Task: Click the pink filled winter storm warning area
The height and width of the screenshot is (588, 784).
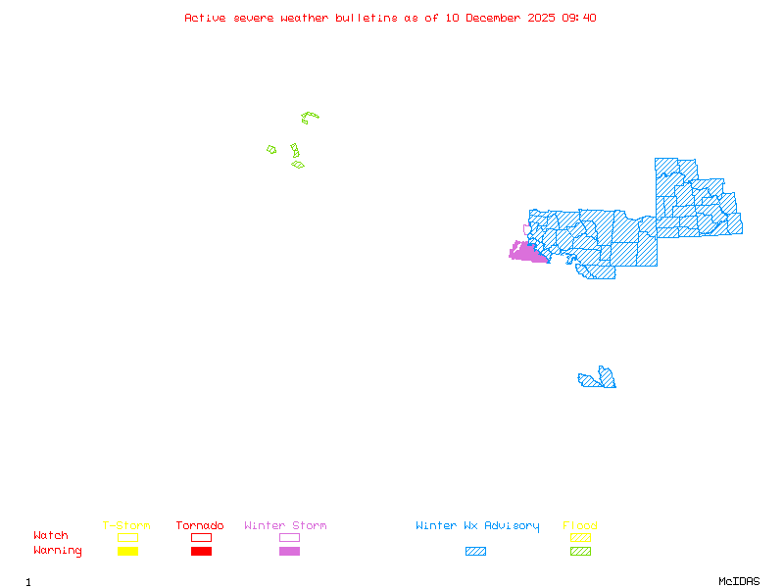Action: coord(527,253)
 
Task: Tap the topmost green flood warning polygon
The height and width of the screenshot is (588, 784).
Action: coord(310,118)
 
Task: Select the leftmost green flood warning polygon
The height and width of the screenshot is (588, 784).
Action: coord(271,150)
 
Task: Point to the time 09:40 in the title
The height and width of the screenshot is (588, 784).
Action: coord(578,18)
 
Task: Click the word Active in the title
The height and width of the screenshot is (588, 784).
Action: coord(205,18)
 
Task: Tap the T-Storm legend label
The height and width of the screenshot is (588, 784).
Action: coord(126,526)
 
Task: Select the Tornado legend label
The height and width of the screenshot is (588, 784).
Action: coord(200,526)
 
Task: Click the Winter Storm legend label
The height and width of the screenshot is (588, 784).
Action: coord(285,526)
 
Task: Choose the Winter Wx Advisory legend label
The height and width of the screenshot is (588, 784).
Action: coord(477,526)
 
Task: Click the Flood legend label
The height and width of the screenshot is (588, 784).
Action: coord(580,526)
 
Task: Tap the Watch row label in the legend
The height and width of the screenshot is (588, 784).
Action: coord(51,536)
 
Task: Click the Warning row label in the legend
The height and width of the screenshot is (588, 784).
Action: coord(58,551)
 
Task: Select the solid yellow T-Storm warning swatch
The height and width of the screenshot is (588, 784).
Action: coord(127,552)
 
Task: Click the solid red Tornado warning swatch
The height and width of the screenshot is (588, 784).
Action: coord(201,552)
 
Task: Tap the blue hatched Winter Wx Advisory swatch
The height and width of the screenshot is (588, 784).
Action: coord(475,552)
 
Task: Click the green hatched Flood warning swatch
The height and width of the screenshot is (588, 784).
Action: coord(580,552)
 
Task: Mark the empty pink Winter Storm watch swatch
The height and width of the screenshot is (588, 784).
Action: coord(289,537)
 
